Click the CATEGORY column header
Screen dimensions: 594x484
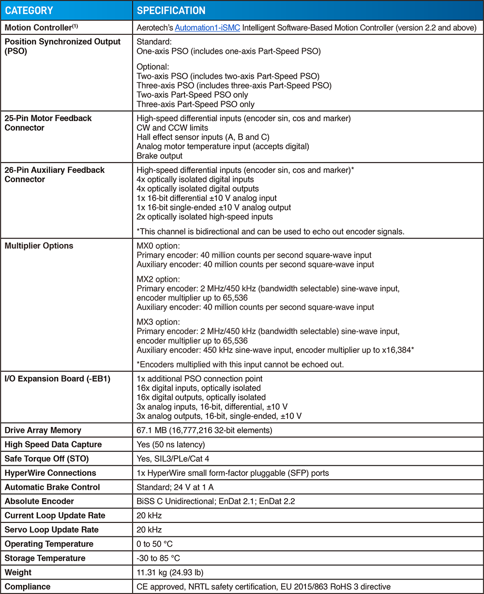coord(29,10)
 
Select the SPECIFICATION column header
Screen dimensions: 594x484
coord(171,10)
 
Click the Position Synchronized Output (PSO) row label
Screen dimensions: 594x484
coord(62,46)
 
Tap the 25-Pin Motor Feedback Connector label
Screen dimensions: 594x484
coord(48,123)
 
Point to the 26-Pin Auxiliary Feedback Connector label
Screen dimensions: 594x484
coord(55,175)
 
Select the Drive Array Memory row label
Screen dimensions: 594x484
coord(43,430)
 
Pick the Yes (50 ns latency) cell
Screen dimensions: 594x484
coord(171,444)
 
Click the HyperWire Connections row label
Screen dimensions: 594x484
coord(50,473)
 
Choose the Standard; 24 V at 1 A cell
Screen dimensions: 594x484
coord(175,487)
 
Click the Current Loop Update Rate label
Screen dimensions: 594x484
coord(55,516)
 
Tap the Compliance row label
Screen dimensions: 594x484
coord(28,587)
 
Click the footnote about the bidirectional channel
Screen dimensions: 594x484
coord(271,231)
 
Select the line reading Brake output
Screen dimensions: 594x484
coord(159,155)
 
